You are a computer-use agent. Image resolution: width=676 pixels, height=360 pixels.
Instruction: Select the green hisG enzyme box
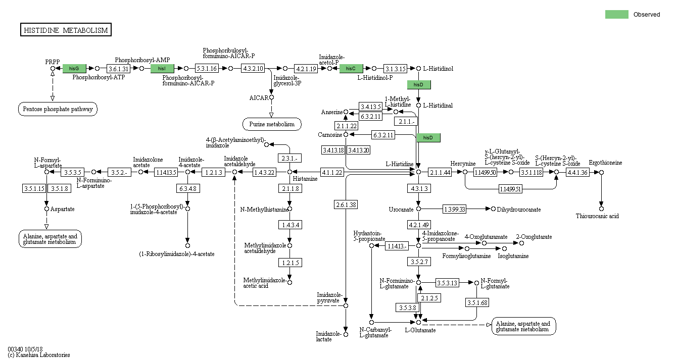click(74, 68)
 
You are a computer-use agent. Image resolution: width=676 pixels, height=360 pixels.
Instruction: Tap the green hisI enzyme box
click(162, 68)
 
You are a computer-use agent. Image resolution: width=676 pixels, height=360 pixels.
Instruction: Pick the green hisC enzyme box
click(351, 68)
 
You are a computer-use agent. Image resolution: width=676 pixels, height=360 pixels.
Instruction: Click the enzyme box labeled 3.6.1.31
click(119, 68)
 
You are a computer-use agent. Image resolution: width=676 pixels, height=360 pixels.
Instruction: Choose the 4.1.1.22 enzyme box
click(332, 172)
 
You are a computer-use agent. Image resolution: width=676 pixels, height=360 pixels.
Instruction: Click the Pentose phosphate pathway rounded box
click(59, 109)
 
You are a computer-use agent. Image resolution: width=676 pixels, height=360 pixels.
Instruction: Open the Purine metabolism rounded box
click(272, 124)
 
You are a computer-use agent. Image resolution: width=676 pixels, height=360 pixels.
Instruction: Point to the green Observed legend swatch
click(617, 15)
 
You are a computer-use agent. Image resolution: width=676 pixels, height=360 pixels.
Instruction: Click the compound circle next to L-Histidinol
click(418, 68)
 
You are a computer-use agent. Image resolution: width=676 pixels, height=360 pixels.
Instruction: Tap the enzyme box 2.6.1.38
click(346, 204)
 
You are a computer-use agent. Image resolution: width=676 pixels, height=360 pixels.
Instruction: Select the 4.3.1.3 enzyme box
click(418, 188)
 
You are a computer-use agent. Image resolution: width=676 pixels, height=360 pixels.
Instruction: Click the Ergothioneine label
click(605, 163)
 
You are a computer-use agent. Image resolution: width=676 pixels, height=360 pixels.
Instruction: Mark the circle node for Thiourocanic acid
click(601, 208)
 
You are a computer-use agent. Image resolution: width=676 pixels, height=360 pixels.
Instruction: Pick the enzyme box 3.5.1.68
click(477, 302)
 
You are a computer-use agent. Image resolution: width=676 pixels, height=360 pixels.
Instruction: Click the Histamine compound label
click(305, 179)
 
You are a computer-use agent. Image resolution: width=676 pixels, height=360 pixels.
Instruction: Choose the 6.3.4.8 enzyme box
click(187, 188)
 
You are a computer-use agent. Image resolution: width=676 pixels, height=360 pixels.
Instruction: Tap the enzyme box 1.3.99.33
click(454, 209)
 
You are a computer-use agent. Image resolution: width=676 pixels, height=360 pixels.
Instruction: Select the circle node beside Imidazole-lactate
click(346, 334)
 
